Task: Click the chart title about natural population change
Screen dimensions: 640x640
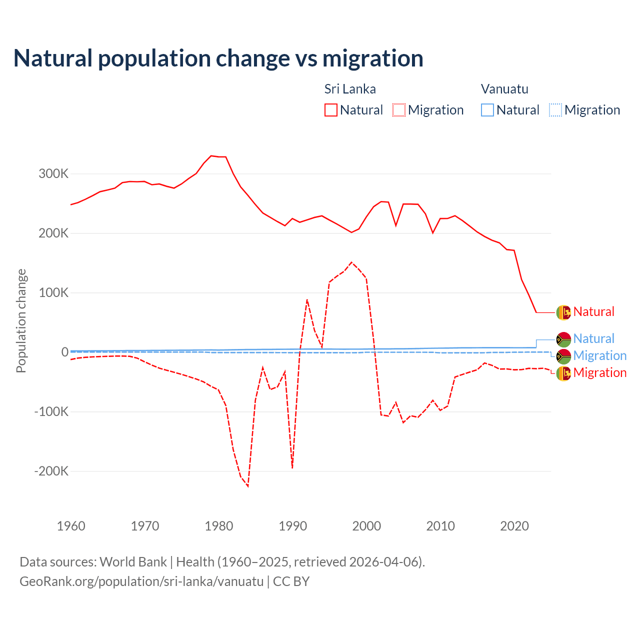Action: click(218, 58)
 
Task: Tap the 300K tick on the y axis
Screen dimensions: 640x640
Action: click(53, 174)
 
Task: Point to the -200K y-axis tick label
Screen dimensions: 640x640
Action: click(51, 471)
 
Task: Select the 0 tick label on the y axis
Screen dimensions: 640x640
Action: click(64, 352)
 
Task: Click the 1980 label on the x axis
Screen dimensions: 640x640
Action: click(219, 526)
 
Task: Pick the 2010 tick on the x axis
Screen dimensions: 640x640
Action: click(440, 526)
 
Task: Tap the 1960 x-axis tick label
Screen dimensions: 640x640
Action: click(71, 526)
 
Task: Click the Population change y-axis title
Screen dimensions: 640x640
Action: click(21, 320)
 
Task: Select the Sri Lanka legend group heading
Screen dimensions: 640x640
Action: click(350, 89)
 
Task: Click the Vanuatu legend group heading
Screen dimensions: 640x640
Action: click(504, 89)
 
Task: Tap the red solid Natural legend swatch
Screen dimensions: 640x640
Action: click(331, 110)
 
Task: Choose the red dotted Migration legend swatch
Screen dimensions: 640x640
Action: click(399, 110)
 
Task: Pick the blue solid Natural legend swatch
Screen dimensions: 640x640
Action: click(487, 110)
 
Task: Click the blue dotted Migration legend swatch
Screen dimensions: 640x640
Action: click(555, 110)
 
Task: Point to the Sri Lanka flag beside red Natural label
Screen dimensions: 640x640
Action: click(563, 312)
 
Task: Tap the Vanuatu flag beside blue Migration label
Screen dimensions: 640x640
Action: click(563, 356)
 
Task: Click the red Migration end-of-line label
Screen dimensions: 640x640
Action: click(599, 373)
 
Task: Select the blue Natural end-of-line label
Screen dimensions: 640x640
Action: click(593, 339)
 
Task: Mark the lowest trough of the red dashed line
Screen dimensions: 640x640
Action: click(248, 486)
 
